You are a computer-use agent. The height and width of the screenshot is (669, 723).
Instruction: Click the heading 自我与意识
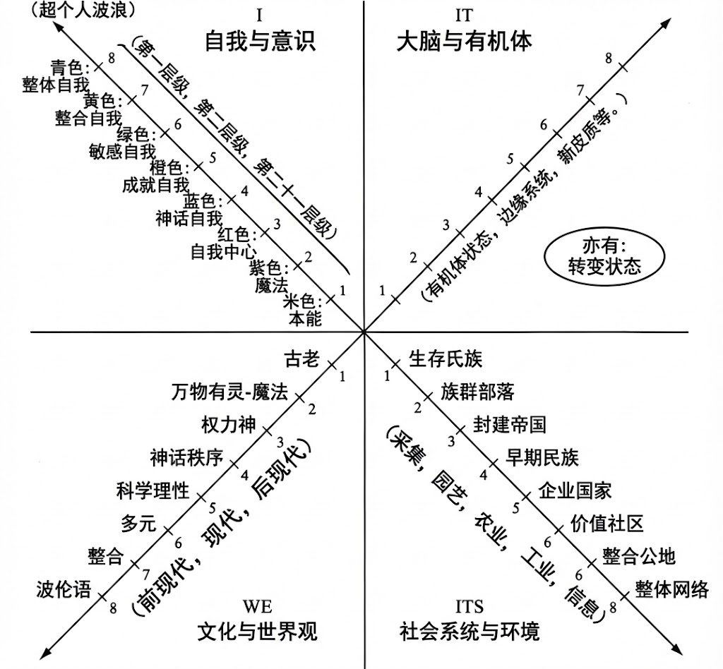259,40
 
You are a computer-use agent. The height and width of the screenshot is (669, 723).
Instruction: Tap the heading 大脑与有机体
464,40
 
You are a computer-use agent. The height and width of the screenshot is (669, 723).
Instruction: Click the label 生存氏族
446,359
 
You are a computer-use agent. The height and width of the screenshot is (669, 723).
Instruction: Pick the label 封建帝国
509,424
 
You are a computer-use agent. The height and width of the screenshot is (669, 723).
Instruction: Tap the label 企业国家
575,489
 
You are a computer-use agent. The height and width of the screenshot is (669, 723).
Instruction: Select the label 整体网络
671,589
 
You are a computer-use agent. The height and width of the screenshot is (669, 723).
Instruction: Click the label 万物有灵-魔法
230,392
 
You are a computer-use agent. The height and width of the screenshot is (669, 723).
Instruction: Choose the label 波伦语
64,589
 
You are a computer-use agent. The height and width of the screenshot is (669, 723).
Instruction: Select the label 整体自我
55,85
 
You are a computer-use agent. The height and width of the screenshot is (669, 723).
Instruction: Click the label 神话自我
189,218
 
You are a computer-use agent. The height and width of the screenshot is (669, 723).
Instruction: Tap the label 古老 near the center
302,359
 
